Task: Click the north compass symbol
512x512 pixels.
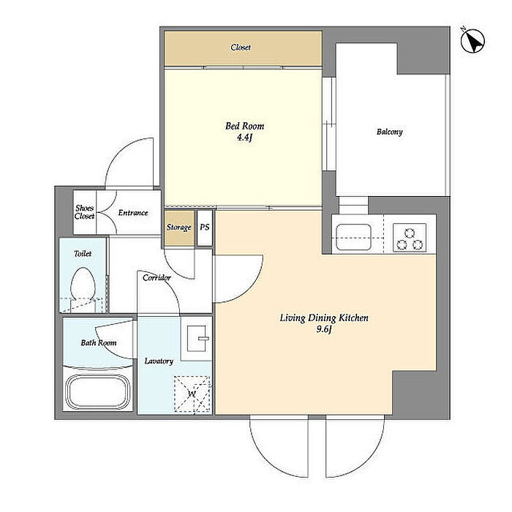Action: coord(473,40)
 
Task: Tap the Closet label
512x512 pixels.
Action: coord(241,48)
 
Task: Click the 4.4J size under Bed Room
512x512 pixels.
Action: coord(244,138)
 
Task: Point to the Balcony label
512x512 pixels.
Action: coord(389,132)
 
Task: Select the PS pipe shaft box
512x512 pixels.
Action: coord(205,227)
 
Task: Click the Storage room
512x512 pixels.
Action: coord(179,227)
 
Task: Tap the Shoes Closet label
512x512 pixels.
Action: coord(85,212)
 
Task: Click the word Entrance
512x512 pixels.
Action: coord(133,213)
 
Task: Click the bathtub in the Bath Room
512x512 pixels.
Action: coord(97,391)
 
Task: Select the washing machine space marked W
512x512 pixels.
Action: coord(192,394)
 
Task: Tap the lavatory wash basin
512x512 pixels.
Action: coord(196,338)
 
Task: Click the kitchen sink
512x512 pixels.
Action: coord(353,237)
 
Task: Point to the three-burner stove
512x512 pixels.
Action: coord(410,238)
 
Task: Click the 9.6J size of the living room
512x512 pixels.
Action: coord(324,329)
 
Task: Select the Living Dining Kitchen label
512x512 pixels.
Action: coord(324,317)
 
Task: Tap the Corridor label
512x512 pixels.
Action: coord(157,277)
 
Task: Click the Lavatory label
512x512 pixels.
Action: coord(159,361)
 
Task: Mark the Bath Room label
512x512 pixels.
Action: coord(99,342)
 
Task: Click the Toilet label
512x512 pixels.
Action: coord(83,253)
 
